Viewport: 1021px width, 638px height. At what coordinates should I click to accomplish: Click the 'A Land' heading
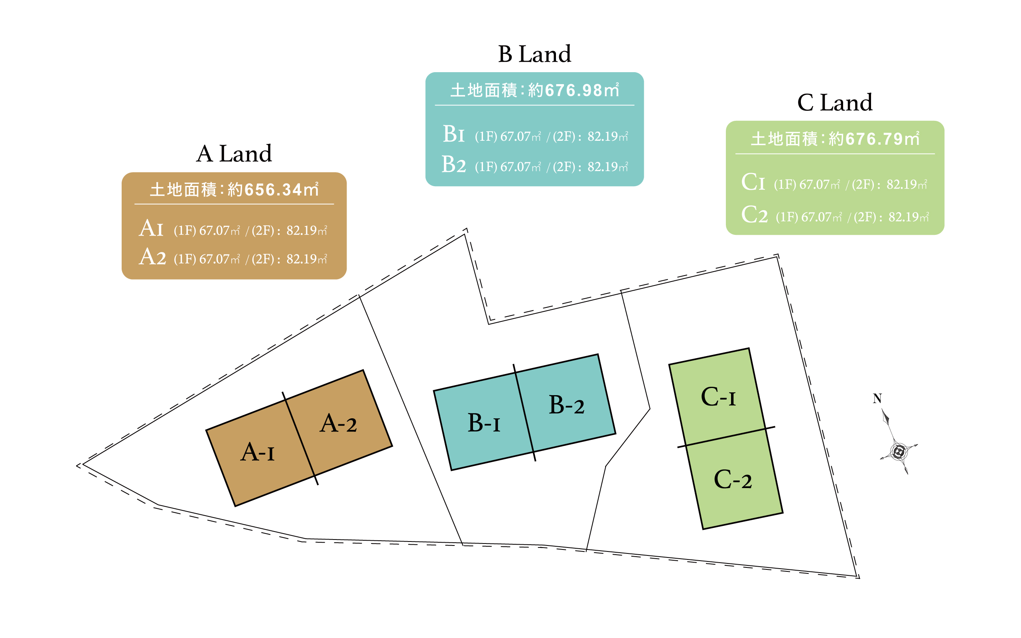(234, 154)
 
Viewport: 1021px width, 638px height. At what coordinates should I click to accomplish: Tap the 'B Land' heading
(534, 55)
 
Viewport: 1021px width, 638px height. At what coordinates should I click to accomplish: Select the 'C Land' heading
(834, 103)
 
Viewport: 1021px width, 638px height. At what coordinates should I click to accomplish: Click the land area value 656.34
(273, 190)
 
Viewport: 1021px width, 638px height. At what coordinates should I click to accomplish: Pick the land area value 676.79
(874, 139)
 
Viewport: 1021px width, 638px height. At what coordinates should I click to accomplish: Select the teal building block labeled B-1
(483, 426)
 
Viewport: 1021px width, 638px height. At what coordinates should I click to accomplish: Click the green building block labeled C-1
(717, 397)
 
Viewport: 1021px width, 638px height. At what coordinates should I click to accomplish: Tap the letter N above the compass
(877, 399)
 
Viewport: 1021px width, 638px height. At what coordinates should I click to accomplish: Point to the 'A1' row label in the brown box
(151, 229)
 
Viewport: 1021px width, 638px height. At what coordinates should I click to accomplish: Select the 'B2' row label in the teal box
(453, 165)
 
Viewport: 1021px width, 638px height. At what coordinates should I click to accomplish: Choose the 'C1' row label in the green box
(753, 183)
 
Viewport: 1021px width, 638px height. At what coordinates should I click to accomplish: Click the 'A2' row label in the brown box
(152, 257)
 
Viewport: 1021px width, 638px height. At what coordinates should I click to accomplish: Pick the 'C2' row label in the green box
(754, 215)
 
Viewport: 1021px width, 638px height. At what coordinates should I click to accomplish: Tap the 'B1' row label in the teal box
(453, 135)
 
